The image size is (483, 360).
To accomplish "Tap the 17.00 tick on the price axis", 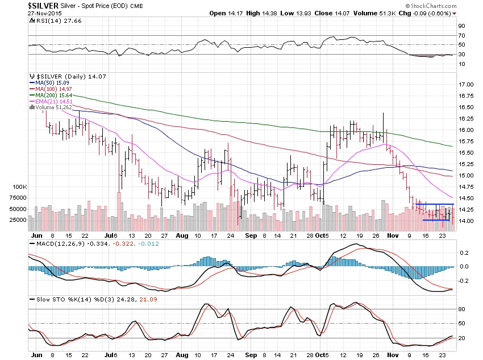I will tap(466, 84).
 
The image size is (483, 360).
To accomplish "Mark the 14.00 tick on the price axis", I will tap(466, 221).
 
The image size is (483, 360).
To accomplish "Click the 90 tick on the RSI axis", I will tap(462, 25).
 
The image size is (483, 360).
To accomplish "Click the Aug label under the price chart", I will tap(182, 234).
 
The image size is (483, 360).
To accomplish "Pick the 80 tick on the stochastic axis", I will tap(462, 309).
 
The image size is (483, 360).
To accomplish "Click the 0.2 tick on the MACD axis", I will tap(463, 252).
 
